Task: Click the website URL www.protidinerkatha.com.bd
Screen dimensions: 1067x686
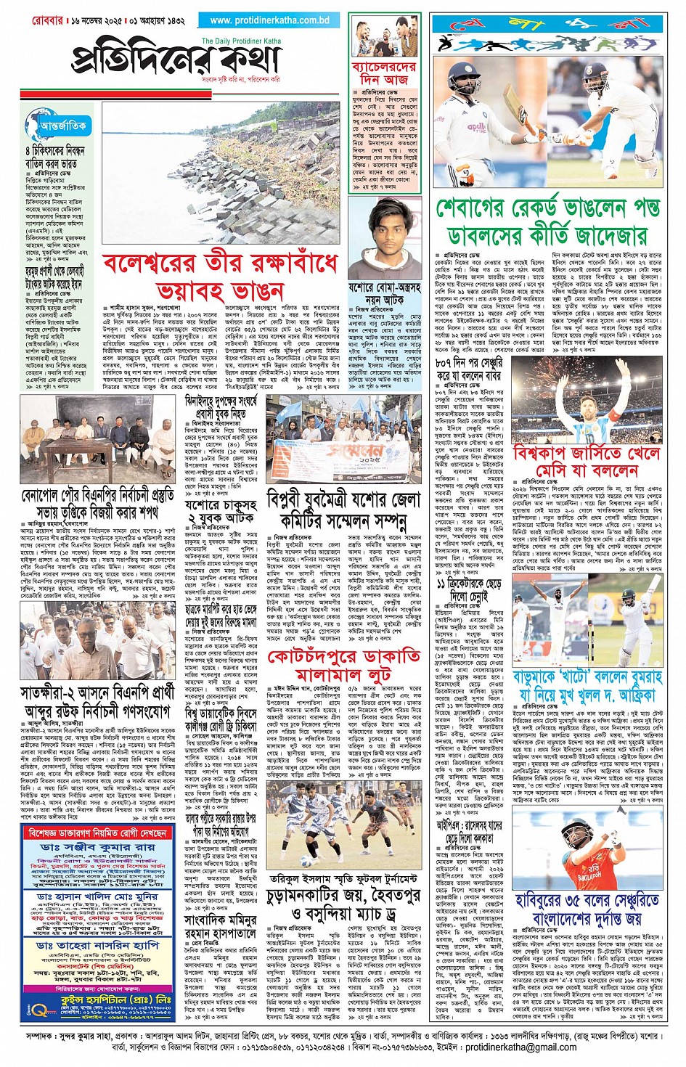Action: (269, 21)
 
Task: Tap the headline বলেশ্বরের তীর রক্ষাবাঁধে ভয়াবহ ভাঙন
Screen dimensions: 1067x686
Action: (221, 277)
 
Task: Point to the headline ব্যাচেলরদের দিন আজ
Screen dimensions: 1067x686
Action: (385, 73)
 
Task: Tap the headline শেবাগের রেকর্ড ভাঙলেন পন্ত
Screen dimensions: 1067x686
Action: (549, 209)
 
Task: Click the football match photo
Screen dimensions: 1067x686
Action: (343, 830)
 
